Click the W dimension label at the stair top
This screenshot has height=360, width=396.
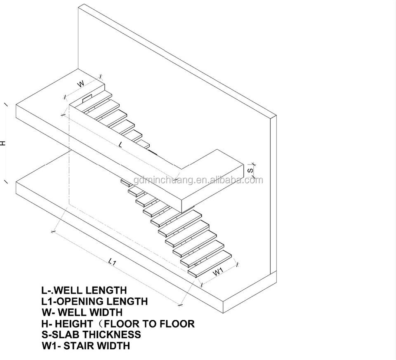point(81,84)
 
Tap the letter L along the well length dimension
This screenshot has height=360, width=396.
point(120,145)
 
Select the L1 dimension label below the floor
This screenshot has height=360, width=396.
point(112,261)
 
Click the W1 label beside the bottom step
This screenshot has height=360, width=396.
point(218,271)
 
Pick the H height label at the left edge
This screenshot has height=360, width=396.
point(3,143)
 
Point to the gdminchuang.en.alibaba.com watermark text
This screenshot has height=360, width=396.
point(198,180)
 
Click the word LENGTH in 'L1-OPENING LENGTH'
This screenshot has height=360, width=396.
point(128,301)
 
